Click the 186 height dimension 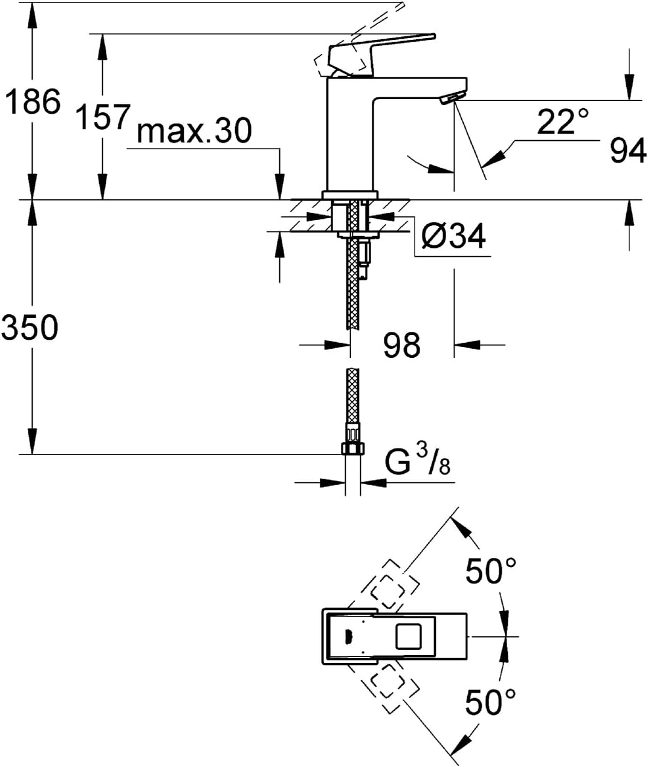[x=34, y=101]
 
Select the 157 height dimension [x=103, y=117]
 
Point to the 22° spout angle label [x=562, y=121]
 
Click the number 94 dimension [x=628, y=150]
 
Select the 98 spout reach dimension [x=402, y=345]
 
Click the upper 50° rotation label [x=491, y=571]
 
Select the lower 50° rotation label [x=491, y=702]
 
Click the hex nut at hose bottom [x=353, y=448]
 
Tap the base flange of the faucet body [x=350, y=195]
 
